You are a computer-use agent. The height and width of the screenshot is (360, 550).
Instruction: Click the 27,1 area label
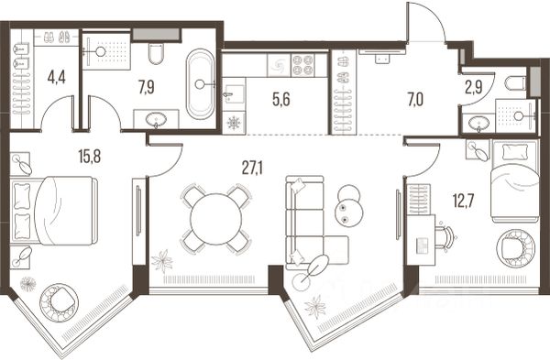253,169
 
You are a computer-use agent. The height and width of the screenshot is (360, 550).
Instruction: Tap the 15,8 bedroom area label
90,156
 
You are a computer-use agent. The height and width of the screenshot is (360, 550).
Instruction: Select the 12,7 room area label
463,202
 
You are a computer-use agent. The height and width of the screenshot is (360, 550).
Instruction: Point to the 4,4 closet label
57,77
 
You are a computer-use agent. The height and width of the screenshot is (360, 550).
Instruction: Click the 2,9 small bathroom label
474,88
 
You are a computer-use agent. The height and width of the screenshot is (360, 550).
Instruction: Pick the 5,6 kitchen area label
281,100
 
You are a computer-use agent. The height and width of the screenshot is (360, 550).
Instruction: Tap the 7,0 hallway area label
415,100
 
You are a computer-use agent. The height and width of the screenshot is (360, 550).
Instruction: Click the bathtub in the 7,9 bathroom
200,84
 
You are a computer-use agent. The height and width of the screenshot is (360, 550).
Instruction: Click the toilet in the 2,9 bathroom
515,83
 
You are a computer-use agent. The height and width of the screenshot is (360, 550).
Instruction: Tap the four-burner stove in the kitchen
302,65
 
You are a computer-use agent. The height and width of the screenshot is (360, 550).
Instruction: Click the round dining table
216,219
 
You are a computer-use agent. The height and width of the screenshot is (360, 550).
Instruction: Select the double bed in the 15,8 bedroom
54,210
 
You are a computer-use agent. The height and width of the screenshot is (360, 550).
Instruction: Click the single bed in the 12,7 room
515,180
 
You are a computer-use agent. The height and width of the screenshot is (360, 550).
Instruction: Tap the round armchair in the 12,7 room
515,247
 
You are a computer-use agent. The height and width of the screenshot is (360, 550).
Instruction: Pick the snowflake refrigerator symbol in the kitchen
233,123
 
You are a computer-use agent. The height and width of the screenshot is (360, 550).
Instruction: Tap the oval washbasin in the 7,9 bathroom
157,120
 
